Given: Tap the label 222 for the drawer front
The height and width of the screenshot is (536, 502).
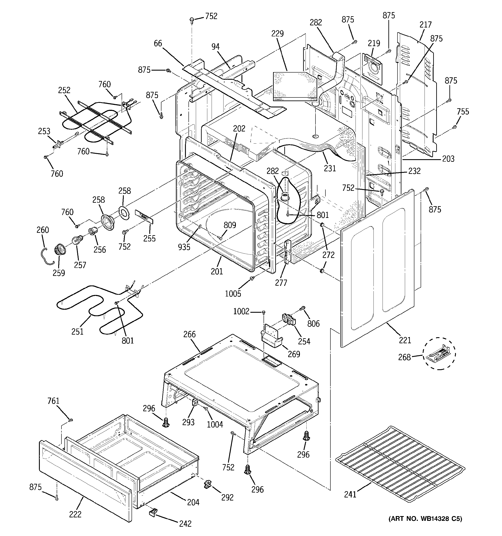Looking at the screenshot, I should [75, 514].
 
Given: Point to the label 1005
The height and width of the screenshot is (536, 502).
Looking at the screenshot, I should [233, 293].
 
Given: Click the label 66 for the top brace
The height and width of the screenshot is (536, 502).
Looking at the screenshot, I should [158, 43].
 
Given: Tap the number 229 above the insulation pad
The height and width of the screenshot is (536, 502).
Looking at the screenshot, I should [277, 33].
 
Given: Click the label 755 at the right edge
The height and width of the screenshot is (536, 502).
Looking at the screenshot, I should [463, 111].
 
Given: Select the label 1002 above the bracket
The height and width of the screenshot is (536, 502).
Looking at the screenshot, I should [241, 311].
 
